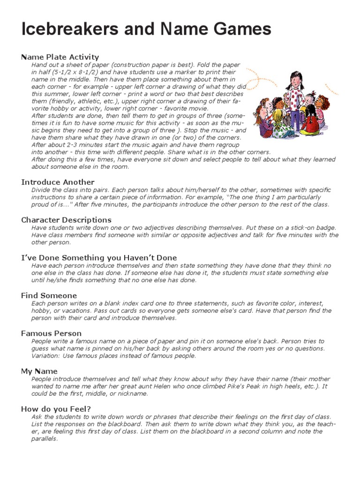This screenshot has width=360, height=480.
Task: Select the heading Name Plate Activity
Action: click(x=60, y=57)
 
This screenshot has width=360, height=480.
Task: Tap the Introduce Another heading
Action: click(x=58, y=182)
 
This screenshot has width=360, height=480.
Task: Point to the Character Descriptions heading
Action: click(x=66, y=220)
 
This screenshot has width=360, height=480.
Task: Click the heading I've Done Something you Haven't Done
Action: click(x=99, y=257)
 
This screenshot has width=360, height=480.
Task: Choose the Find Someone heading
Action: click(x=49, y=295)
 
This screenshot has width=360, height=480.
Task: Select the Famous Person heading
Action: click(x=52, y=333)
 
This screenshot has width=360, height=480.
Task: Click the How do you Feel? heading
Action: click(x=56, y=409)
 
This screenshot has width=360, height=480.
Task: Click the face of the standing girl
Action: click(x=296, y=78)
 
